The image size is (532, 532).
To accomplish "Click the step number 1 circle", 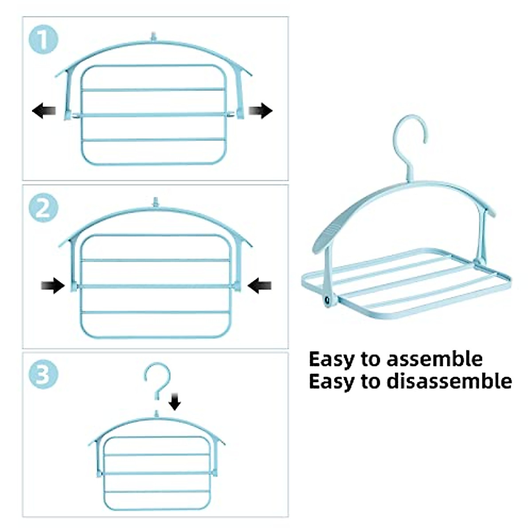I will tap(43, 40).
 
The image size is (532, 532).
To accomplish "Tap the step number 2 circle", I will tap(43, 208).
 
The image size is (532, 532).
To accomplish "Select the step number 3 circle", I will tap(43, 374).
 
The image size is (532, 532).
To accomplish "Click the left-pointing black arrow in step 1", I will tap(44, 110).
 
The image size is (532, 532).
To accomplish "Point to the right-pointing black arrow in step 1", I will tap(260, 110).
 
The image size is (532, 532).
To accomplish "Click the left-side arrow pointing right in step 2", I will tap(53, 286).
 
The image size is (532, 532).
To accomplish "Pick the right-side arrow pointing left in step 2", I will tap(260, 286).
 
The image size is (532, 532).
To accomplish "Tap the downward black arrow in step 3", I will tap(175, 402).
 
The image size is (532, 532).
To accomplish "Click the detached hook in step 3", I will tap(157, 379).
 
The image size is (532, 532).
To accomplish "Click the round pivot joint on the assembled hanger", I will tap(328, 300).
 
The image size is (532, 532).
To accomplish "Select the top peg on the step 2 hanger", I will tap(155, 202).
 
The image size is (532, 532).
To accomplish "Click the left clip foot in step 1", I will tap(68, 116).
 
